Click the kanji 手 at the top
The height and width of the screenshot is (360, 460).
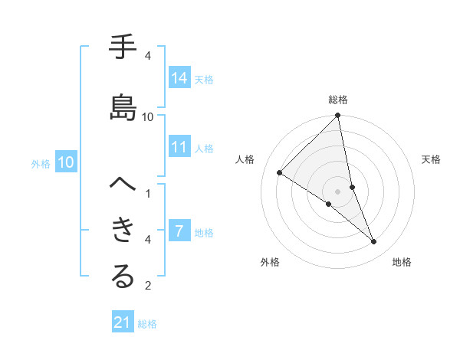tap(123, 48)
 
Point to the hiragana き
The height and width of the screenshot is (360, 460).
tap(123, 231)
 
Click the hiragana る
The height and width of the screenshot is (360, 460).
tap(123, 277)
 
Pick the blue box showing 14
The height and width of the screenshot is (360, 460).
tap(179, 78)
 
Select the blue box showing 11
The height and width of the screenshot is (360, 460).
tap(179, 148)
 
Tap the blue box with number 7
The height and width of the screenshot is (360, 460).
tap(179, 231)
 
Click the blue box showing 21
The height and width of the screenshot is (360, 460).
tap(123, 323)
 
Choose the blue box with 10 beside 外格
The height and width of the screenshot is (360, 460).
tap(65, 162)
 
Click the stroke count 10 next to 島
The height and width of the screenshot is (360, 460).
tap(148, 116)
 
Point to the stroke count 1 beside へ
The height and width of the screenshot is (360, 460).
tap(148, 193)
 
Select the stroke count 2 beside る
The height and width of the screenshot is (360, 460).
tap(148, 286)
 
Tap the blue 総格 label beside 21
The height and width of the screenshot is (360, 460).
tap(147, 324)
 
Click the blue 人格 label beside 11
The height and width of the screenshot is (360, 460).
tap(204, 149)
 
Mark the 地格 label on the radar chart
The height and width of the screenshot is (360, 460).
tap(402, 262)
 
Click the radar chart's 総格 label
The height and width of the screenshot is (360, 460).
tap(338, 100)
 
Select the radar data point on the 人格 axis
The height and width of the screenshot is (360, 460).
tap(280, 172)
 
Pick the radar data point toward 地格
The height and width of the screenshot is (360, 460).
tap(374, 242)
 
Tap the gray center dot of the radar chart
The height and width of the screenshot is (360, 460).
tap(338, 191)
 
